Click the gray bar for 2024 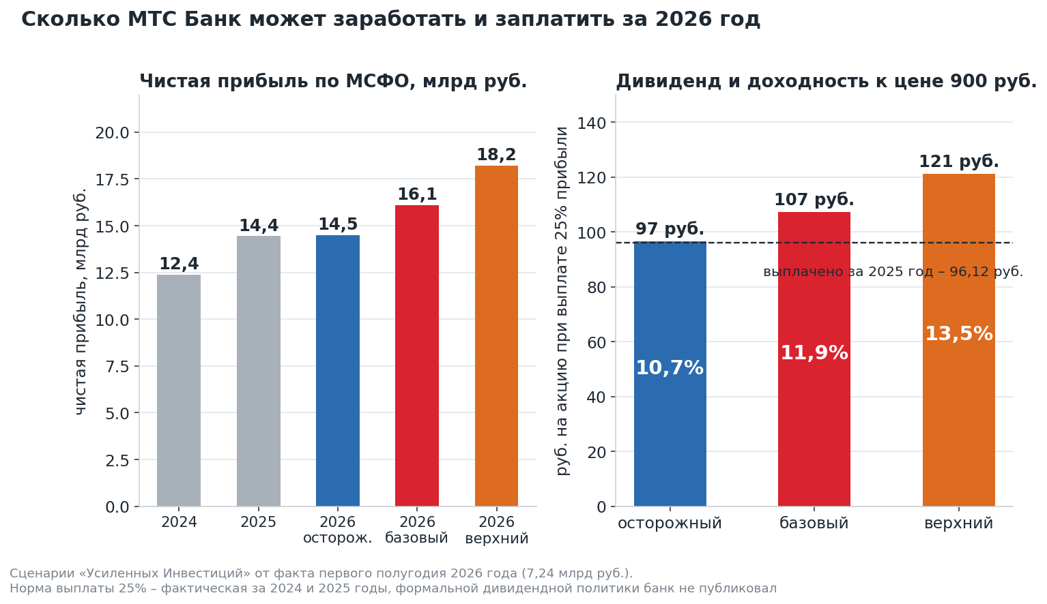179,390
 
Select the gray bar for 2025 259,371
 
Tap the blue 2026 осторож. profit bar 338,371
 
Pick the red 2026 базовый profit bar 417,356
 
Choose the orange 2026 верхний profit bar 496,336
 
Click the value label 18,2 496,155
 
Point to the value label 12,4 179,264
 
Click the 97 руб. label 670,229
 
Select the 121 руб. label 959,162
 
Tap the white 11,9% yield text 814,353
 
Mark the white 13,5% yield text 959,334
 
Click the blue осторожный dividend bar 670,374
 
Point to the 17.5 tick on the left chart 112,180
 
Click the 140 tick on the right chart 591,123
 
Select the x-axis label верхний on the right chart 959,524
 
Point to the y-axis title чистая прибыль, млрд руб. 81,301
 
